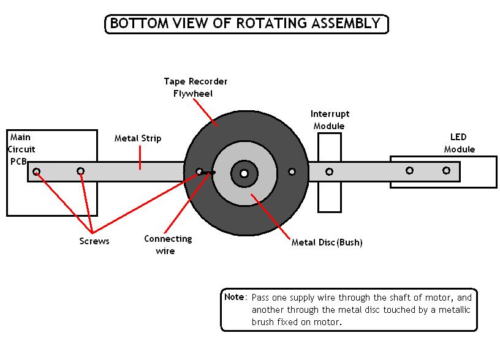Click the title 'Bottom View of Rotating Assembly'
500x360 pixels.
(246, 24)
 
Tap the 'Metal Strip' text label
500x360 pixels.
(138, 138)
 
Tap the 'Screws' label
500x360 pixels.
(94, 241)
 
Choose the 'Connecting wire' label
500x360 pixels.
(167, 244)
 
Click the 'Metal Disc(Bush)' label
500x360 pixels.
(327, 242)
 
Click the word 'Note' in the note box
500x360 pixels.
(234, 297)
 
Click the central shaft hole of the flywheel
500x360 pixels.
(244, 173)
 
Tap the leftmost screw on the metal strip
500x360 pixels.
(37, 171)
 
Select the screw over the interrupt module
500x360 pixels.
(329, 172)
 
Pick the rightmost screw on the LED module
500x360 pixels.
(447, 171)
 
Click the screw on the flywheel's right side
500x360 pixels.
(292, 172)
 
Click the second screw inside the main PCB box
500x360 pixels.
(80, 171)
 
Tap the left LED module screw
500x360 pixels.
(409, 171)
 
